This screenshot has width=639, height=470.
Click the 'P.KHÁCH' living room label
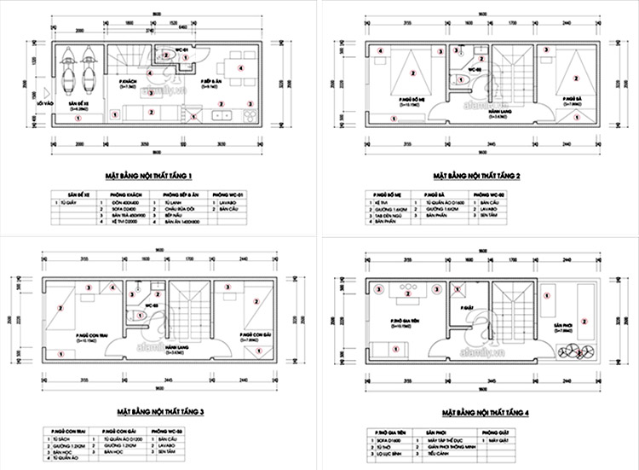click(130, 82)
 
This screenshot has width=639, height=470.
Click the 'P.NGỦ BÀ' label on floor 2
click(573, 100)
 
